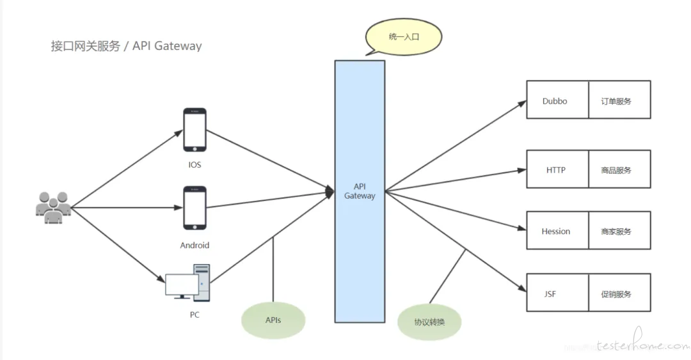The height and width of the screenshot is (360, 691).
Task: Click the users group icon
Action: coord(53,208)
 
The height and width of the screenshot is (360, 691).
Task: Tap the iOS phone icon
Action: coord(195,130)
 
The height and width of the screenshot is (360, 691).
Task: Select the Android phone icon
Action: coord(195,208)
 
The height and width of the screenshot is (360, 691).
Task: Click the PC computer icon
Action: coord(187,283)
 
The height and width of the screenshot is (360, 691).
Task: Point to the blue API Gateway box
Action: coord(360,191)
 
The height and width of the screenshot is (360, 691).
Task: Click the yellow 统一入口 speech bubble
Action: coord(403,37)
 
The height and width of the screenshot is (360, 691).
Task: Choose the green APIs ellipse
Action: coord(273,320)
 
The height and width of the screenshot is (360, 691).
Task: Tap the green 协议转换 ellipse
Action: coord(429,322)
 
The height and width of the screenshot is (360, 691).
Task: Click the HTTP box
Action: coord(557,169)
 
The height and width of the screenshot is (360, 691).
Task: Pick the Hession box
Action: coord(557,230)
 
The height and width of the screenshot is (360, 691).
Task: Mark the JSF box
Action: coord(557,293)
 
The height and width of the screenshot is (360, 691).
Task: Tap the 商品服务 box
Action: coord(619,169)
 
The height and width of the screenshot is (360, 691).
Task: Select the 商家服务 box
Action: coord(619,230)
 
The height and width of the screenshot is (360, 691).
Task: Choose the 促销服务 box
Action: coord(619,293)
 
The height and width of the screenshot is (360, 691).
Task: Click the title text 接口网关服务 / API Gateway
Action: coord(126,46)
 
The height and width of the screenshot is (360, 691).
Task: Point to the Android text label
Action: coord(195,246)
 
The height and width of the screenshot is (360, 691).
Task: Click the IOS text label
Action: coord(195,165)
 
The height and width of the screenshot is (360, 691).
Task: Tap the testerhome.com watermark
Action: coord(644,341)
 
